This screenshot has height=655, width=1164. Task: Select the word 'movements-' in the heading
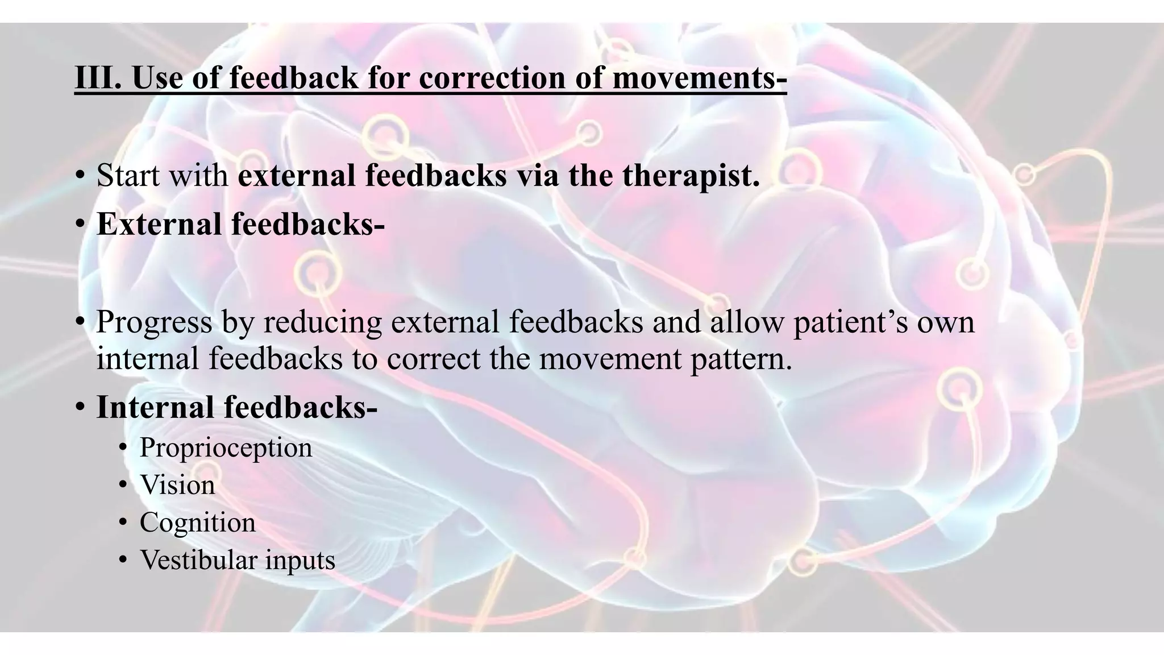pyautogui.click(x=699, y=78)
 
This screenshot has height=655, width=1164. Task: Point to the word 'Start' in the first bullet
pyautogui.click(x=128, y=175)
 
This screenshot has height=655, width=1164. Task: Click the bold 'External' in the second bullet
pyautogui.click(x=159, y=224)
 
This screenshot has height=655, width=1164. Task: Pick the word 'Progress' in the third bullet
pyautogui.click(x=154, y=322)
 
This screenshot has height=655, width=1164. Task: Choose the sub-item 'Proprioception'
pyautogui.click(x=226, y=447)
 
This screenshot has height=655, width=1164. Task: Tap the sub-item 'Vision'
pyautogui.click(x=177, y=485)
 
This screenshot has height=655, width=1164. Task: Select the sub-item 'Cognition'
pyautogui.click(x=197, y=523)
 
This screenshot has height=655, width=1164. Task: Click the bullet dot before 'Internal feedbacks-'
pyautogui.click(x=80, y=408)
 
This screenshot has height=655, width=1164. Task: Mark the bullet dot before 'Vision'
pyautogui.click(x=123, y=486)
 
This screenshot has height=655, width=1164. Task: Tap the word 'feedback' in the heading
pyautogui.click(x=294, y=78)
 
